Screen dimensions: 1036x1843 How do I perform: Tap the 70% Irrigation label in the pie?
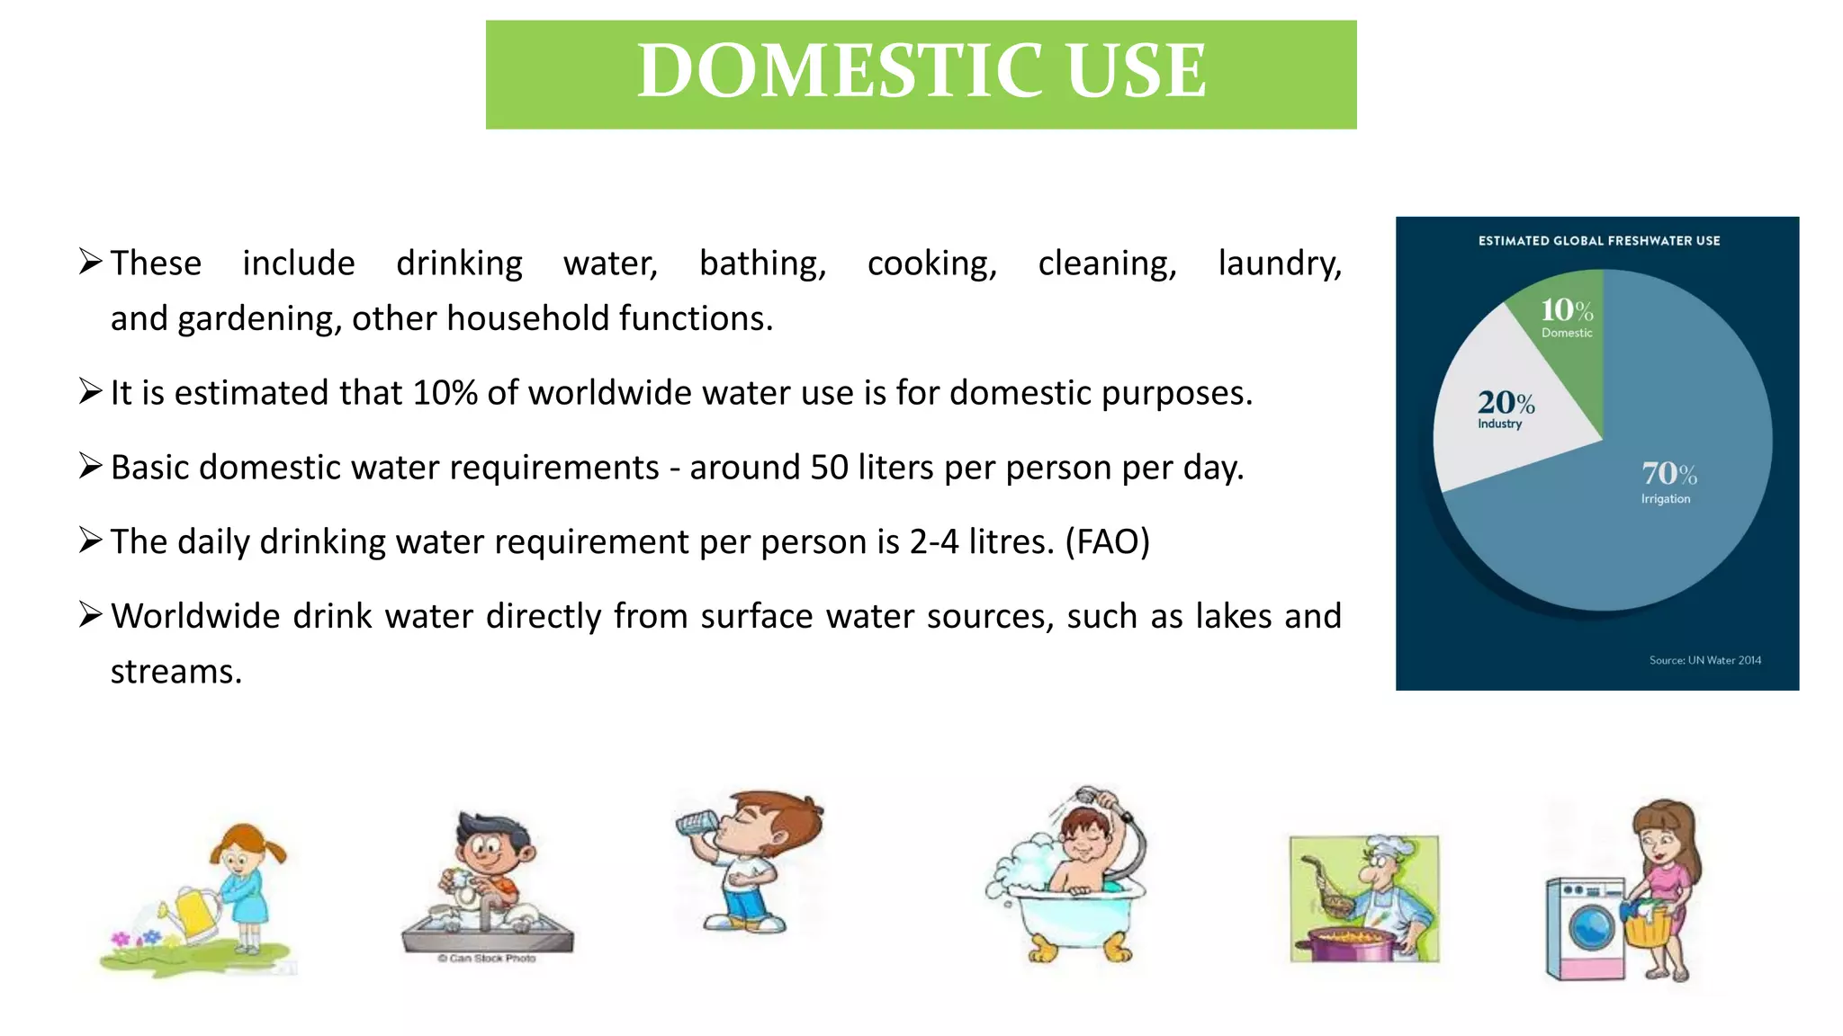(1668, 481)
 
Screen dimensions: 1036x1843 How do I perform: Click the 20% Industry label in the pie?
(1505, 408)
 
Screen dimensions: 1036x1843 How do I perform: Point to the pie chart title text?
(1598, 241)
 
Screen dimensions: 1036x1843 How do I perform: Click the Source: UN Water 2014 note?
(1704, 660)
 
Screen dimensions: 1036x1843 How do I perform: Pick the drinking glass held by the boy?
(697, 824)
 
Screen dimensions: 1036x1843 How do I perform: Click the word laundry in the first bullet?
(1279, 263)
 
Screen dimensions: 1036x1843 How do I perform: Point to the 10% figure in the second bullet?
(445, 393)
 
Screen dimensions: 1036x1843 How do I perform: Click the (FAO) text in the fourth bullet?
(1107, 542)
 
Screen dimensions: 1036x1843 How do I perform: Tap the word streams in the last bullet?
(175, 672)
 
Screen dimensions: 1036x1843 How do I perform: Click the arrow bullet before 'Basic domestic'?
(90, 466)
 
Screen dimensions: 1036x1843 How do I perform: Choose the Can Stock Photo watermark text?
(487, 959)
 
